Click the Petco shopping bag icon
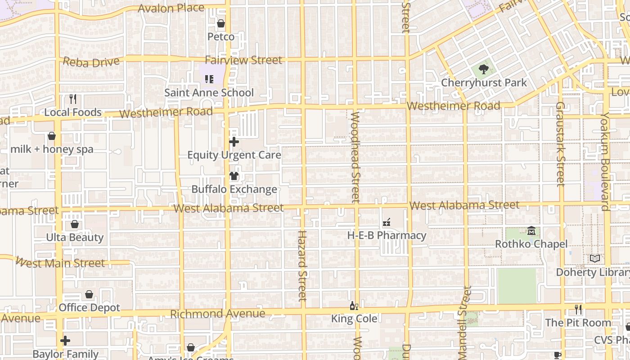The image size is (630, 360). [x=221, y=23]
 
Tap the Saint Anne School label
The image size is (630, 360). [x=209, y=93]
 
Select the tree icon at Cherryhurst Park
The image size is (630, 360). [x=484, y=69]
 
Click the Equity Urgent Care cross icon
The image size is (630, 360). [x=234, y=142]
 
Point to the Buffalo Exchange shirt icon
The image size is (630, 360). [x=234, y=176]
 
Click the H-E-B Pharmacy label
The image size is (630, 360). [x=387, y=235]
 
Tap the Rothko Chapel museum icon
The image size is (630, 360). [x=531, y=231]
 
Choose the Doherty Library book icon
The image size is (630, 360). [x=595, y=259]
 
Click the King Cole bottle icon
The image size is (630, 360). [x=354, y=306]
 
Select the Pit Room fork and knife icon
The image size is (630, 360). [x=578, y=310]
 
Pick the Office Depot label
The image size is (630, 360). [x=90, y=308]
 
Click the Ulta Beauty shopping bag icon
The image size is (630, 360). [x=75, y=224]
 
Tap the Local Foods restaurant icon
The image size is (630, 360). [x=73, y=99]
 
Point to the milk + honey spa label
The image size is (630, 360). [x=52, y=149]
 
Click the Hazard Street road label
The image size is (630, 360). [x=302, y=265]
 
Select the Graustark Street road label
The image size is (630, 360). [x=560, y=144]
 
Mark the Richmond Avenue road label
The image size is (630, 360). [x=217, y=314]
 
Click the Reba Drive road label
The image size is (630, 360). [x=91, y=62]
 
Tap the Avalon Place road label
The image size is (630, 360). [x=171, y=8]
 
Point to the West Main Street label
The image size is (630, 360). [x=60, y=262]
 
